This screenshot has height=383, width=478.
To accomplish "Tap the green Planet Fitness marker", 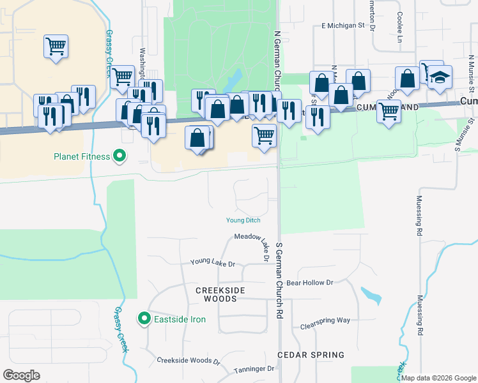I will pos(119,156).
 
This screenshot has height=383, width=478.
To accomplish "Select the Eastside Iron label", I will pos(180,319).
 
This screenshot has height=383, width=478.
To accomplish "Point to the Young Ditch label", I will pos(243,220).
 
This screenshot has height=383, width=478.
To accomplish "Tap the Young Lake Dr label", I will pos(213,263).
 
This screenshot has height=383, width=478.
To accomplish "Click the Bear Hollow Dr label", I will pos(310,282).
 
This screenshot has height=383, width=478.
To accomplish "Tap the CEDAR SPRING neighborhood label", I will pos(311,354).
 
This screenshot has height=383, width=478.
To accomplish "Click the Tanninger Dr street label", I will pos(253,368).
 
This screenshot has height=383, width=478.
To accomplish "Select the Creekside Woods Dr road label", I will pos(189,361).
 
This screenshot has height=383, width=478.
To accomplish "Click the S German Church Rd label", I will pos(279,281).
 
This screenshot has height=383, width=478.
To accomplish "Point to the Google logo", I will pos(22,375).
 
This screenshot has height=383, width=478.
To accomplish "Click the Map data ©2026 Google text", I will pos(438,378).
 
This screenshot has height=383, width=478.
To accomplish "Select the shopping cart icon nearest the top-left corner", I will pos(56,47).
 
